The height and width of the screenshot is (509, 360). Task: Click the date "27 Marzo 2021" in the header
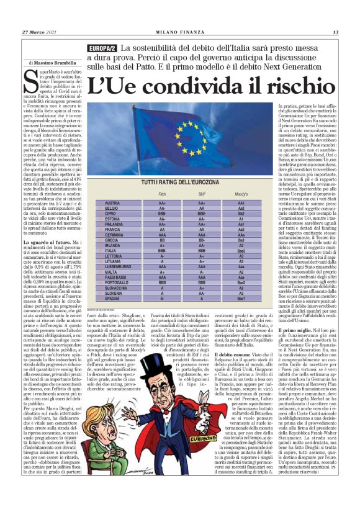pos(40,32)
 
